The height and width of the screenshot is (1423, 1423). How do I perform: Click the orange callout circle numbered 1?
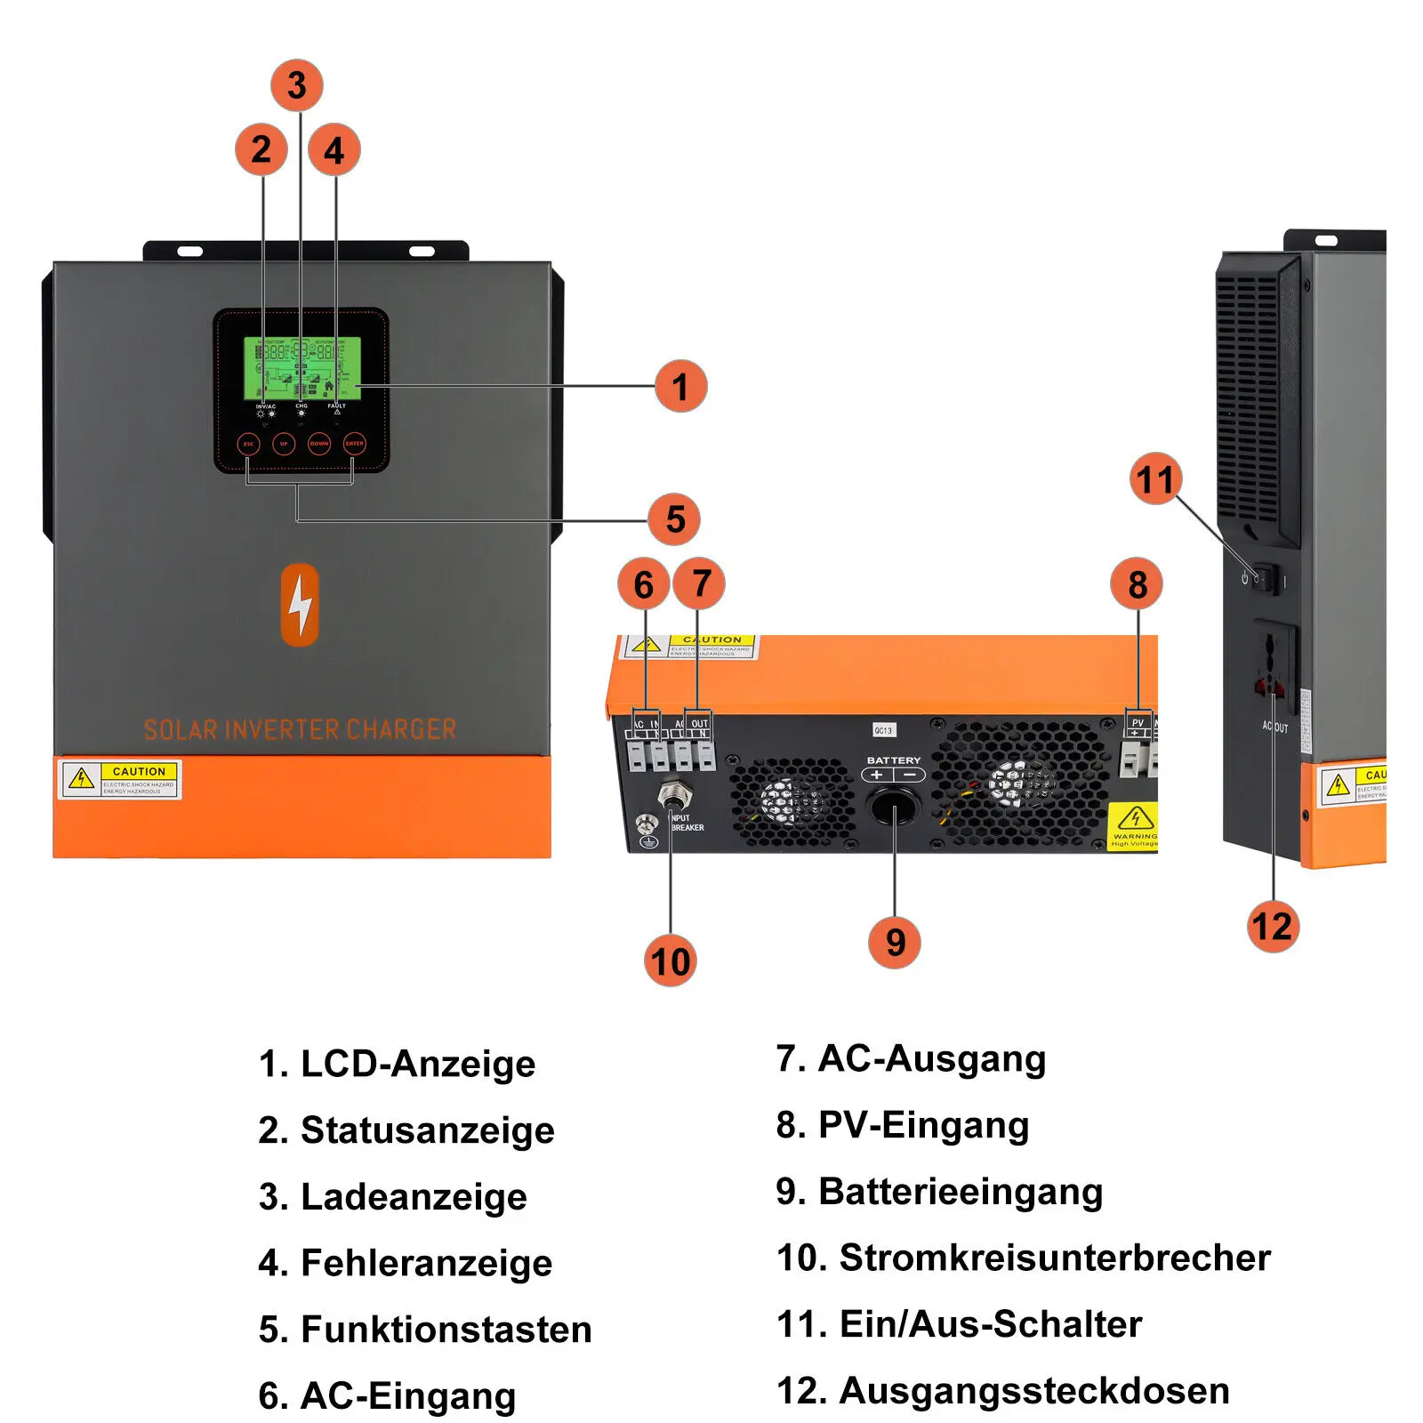680,386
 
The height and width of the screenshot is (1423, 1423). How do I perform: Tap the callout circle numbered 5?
675,519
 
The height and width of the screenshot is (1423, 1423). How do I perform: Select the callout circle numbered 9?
895,942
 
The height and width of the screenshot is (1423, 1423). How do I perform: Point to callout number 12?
1273,927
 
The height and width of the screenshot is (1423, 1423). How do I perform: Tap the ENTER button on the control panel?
354,443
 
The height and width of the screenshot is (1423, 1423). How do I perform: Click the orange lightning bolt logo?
300,604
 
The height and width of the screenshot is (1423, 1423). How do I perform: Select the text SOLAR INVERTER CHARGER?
300,730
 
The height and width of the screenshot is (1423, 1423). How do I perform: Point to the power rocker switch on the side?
1267,579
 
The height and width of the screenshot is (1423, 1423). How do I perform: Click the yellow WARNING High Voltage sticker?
1135,826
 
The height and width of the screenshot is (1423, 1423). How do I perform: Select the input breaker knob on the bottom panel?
672,792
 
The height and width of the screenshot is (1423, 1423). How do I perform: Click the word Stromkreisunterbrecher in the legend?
1055,1258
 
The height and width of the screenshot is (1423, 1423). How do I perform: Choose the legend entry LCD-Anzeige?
418,1064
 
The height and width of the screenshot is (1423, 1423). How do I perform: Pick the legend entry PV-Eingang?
923,1125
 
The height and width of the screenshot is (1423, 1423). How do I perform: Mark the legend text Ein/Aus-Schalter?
990,1324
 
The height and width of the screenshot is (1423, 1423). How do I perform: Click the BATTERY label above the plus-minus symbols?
893,760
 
